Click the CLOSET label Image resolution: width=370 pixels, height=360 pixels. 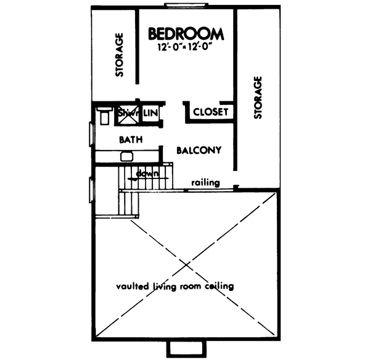click(212, 112)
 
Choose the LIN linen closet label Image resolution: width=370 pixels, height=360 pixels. click(151, 113)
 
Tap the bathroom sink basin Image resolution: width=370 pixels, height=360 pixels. click(126, 157)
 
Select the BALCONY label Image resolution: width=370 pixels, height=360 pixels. click(199, 150)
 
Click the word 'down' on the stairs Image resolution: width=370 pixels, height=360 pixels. click(148, 172)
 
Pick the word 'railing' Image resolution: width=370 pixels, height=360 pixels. click(203, 183)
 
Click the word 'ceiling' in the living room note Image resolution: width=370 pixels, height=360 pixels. click(216, 287)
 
